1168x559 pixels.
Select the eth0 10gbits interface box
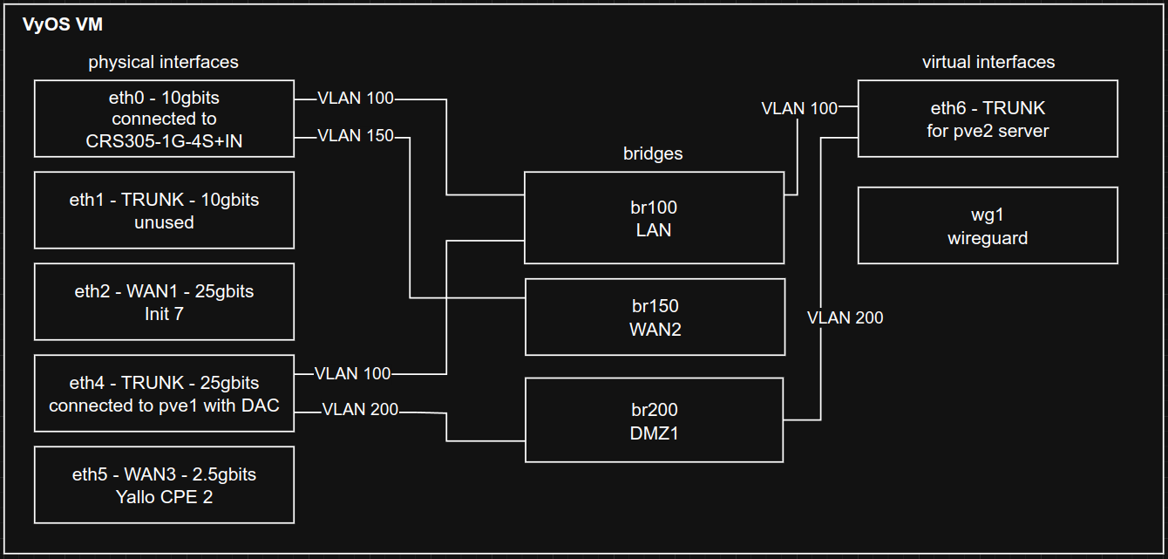tap(164, 119)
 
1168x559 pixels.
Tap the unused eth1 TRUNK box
tap(164, 210)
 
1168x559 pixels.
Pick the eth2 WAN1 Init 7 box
tap(164, 302)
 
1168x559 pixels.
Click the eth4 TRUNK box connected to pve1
tap(164, 393)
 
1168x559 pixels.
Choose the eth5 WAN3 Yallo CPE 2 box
tap(164, 485)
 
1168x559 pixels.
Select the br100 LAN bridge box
tap(654, 218)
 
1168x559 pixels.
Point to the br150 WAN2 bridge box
tap(654, 317)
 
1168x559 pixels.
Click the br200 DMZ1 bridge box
tap(654, 420)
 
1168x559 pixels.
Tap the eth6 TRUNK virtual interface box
tap(988, 119)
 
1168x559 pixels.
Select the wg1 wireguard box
tap(988, 226)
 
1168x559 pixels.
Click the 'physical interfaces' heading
tap(163, 62)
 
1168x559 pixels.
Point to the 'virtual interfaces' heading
tap(988, 62)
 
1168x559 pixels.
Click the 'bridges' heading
tap(653, 153)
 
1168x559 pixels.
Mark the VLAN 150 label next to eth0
tap(356, 136)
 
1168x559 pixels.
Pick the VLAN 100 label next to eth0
tap(356, 99)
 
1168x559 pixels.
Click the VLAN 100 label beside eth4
tap(353, 373)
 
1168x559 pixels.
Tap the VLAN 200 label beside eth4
tap(360, 409)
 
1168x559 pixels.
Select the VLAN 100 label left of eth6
tap(799, 108)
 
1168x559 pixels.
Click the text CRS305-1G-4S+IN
tap(164, 141)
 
